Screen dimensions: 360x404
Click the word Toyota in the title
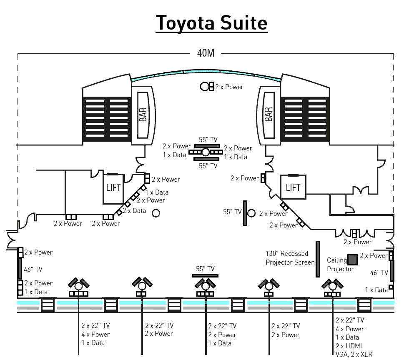pyautogui.click(x=183, y=23)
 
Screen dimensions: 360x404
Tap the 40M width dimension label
pyautogui.click(x=206, y=53)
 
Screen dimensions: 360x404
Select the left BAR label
pyautogui.click(x=143, y=115)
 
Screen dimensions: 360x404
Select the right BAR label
pyautogui.click(x=268, y=115)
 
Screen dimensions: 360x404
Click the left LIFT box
pyautogui.click(x=113, y=187)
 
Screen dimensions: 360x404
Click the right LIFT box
pyautogui.click(x=293, y=187)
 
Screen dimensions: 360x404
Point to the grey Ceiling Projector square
pyautogui.click(x=353, y=260)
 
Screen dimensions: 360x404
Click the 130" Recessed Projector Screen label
pyautogui.click(x=290, y=258)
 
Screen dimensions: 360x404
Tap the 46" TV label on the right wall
pyautogui.click(x=379, y=273)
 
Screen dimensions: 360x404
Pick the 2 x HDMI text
pyautogui.click(x=349, y=346)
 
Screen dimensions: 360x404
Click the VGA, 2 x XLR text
pyautogui.click(x=354, y=355)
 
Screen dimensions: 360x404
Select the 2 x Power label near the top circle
pyautogui.click(x=229, y=87)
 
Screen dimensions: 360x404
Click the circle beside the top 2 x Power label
pyautogui.click(x=205, y=86)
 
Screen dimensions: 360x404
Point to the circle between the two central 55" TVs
pyautogui.click(x=206, y=152)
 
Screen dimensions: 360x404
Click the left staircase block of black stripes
pyautogui.click(x=107, y=118)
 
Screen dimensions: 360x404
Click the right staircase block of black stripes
pyautogui.click(x=305, y=118)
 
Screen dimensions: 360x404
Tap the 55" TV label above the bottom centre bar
pyautogui.click(x=205, y=269)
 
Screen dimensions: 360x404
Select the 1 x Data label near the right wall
pyautogui.click(x=376, y=290)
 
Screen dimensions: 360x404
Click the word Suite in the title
pyautogui.click(x=240, y=23)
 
